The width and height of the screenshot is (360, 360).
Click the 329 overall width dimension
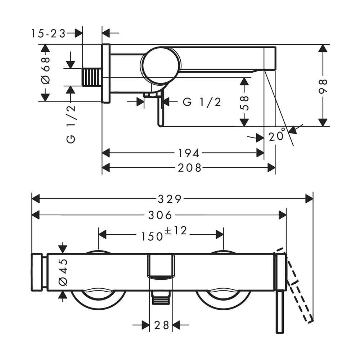tap(170, 199)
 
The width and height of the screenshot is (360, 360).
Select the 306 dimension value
tap(160, 215)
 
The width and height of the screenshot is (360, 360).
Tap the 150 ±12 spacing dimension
tap(164, 234)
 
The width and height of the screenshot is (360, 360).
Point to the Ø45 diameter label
tap(63, 272)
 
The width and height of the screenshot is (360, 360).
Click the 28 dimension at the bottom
tap(161, 325)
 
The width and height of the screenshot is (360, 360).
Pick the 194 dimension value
tap(189, 153)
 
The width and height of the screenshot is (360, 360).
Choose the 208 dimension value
tap(190, 168)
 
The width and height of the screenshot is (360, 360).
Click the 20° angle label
tap(277, 135)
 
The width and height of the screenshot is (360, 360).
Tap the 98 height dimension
tap(323, 86)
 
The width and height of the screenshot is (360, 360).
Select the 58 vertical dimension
tap(245, 103)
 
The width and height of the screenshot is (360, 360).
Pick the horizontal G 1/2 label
tap(202, 102)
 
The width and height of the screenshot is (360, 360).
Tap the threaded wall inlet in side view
tap(92, 77)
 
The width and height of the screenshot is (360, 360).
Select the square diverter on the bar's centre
tap(161, 267)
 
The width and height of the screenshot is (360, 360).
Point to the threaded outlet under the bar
tap(161, 298)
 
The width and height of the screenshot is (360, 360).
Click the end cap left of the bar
tap(37, 272)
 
